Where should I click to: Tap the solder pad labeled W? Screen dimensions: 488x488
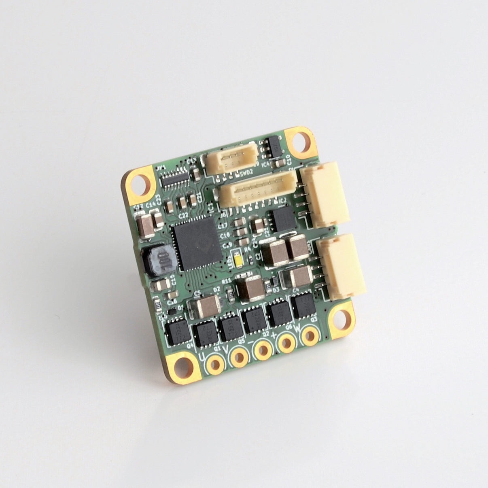click(310, 335)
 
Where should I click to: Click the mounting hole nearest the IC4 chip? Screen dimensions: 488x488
click(300, 142)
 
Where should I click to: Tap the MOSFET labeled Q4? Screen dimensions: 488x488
click(176, 331)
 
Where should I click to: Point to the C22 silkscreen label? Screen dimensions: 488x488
click(183, 216)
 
